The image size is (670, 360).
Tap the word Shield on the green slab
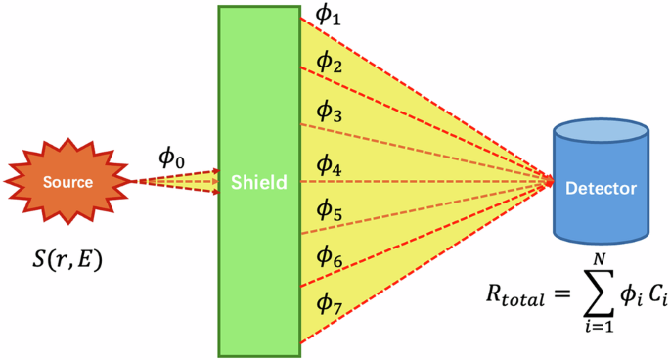pos(259,182)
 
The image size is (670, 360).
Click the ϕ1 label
pos(328,15)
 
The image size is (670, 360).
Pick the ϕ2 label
pos(329,65)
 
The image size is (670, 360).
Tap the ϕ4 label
pos(330,167)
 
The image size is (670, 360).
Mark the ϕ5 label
pos(330,211)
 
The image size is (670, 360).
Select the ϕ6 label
pos(329,256)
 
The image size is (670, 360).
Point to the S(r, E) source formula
pos(67,261)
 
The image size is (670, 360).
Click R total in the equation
pos(514,292)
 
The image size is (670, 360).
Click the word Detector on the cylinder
pos(600,187)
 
